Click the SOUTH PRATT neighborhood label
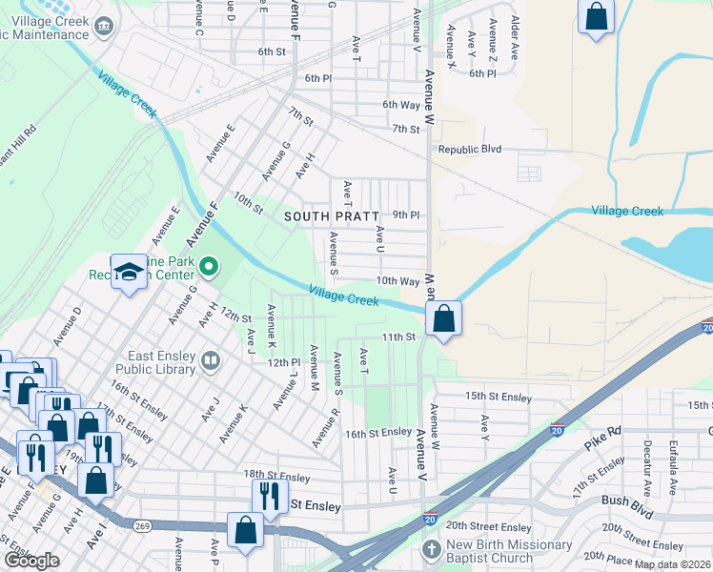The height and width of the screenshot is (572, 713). (332, 216)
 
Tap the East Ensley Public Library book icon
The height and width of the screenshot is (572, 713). (210, 361)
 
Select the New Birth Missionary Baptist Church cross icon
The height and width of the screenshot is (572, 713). (431, 550)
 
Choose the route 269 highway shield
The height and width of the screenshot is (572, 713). (143, 525)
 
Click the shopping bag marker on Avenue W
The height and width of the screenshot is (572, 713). (444, 318)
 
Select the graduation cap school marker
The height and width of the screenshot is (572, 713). (128, 274)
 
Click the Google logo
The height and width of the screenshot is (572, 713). (31, 561)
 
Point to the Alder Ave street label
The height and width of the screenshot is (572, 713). (515, 38)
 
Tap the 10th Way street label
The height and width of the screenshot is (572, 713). (397, 281)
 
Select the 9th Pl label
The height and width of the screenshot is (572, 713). (406, 215)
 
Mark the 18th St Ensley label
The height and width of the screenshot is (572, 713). (276, 477)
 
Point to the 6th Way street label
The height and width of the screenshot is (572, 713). (401, 105)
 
